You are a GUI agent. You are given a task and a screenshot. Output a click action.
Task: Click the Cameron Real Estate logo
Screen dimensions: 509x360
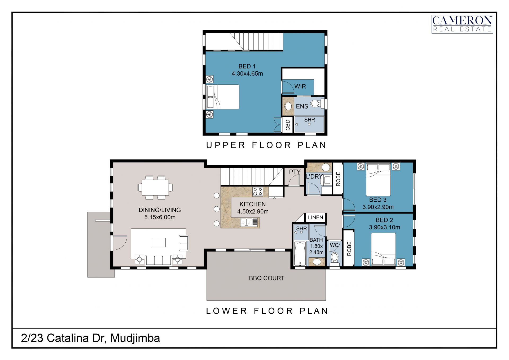pyautogui.click(x=462, y=24)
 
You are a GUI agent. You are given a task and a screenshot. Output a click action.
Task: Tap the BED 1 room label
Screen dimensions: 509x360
pyautogui.click(x=247, y=66)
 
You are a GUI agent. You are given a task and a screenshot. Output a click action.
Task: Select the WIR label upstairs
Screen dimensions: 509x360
pyautogui.click(x=300, y=86)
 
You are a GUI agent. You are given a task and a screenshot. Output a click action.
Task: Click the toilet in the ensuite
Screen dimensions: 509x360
pyautogui.click(x=317, y=103)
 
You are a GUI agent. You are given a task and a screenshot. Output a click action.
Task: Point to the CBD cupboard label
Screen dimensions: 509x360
pyautogui.click(x=288, y=125)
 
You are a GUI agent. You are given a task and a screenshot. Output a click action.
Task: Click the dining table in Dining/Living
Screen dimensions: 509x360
pyautogui.click(x=155, y=187)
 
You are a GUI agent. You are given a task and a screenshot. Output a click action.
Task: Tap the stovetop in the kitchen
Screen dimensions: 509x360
pyautogui.click(x=258, y=192)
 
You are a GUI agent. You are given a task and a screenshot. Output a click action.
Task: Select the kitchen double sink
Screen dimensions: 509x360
pyautogui.click(x=249, y=222)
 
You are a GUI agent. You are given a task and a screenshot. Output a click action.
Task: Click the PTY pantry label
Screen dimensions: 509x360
pyautogui.click(x=295, y=172)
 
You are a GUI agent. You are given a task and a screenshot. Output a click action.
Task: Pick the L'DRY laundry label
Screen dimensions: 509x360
pyautogui.click(x=314, y=176)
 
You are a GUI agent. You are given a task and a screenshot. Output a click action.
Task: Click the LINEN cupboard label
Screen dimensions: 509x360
pyautogui.click(x=315, y=218)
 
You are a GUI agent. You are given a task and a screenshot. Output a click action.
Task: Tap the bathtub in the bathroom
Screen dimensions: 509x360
pyautogui.click(x=300, y=254)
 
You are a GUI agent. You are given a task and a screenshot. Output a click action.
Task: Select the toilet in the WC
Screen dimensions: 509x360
pyautogui.click(x=335, y=259)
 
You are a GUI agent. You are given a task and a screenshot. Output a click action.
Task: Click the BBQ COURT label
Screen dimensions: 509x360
pyautogui.click(x=267, y=278)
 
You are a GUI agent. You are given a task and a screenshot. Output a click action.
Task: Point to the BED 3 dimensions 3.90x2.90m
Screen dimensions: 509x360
pyautogui.click(x=378, y=207)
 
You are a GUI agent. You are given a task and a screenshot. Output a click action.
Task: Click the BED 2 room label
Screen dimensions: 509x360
pyautogui.click(x=384, y=220)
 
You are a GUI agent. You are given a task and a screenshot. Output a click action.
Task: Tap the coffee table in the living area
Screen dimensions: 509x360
pyautogui.click(x=159, y=242)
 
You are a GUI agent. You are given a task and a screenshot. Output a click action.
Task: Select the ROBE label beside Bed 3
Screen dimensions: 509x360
pyautogui.click(x=338, y=179)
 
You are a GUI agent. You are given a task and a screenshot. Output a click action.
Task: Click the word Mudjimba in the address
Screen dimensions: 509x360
pyautogui.click(x=135, y=339)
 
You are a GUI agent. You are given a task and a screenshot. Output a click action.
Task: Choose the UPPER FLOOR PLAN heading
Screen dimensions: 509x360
pyautogui.click(x=266, y=145)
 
